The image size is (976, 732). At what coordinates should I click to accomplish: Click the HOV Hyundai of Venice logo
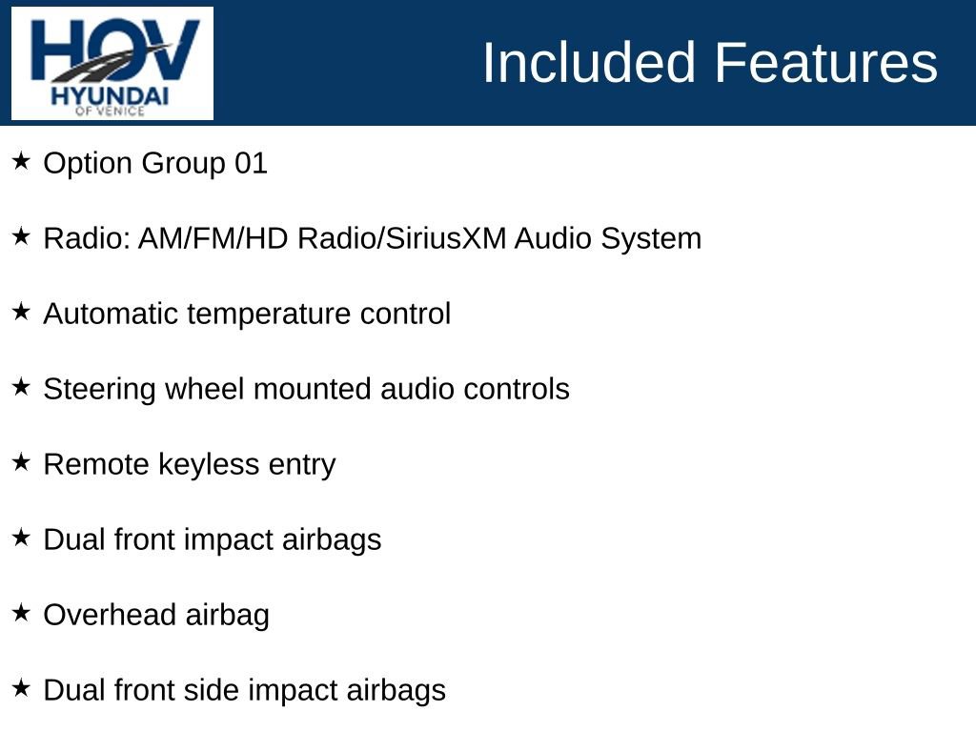pyautogui.click(x=112, y=64)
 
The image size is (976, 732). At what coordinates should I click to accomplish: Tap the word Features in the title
pyautogui.click(x=825, y=63)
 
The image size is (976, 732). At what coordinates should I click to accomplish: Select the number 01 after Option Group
pyautogui.click(x=251, y=163)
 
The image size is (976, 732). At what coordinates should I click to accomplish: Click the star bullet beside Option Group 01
pyautogui.click(x=22, y=161)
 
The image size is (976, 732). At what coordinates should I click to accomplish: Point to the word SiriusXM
pyautogui.click(x=445, y=238)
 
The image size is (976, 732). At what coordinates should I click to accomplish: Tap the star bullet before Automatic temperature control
pyautogui.click(x=22, y=312)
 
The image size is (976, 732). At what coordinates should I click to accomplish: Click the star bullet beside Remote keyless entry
pyautogui.click(x=22, y=462)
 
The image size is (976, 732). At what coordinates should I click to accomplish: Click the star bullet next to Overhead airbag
pyautogui.click(x=22, y=613)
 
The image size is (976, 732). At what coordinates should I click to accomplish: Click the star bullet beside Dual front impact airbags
pyautogui.click(x=22, y=538)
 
